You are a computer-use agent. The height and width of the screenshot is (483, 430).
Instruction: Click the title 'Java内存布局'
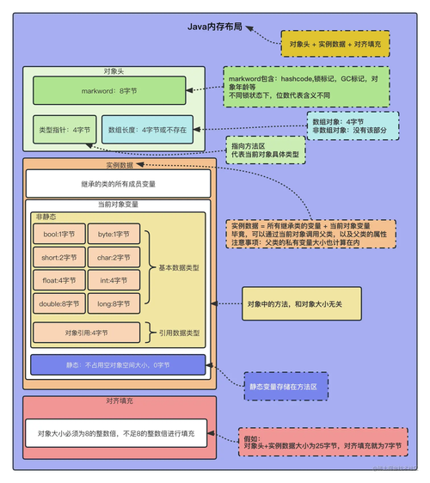215,27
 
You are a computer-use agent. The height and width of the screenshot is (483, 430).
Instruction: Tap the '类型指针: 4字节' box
63,129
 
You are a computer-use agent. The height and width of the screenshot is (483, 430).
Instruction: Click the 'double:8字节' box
59,303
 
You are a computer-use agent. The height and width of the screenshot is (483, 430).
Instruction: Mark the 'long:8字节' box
114,303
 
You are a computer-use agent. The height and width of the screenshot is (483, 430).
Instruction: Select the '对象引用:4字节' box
86,332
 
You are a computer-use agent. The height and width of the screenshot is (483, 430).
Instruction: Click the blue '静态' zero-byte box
117,365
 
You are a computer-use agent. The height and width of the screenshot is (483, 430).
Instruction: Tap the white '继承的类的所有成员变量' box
118,184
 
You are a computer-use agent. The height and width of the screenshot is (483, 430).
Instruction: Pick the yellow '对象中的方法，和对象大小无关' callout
297,303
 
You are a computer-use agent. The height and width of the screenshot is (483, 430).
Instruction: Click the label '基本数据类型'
179,268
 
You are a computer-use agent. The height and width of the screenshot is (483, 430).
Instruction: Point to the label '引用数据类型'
179,332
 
